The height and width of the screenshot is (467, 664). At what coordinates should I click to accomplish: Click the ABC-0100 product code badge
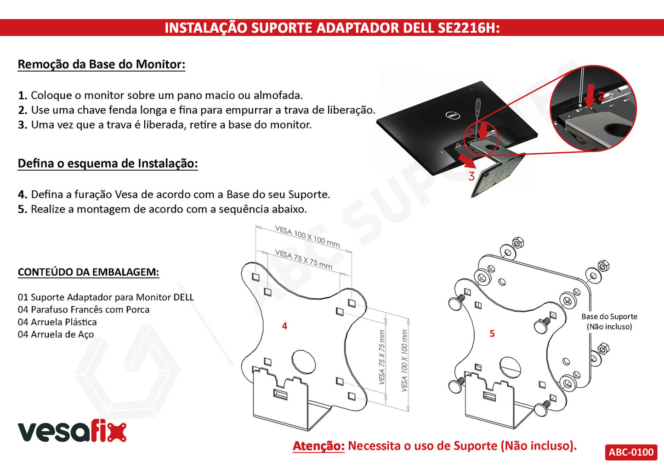[631, 452]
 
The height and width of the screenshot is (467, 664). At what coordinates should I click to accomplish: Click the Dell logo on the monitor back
[453, 115]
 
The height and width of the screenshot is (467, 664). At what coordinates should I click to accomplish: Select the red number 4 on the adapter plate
[284, 326]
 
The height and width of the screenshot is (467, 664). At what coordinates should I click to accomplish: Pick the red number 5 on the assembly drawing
[492, 334]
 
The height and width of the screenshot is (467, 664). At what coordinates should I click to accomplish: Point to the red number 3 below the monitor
[471, 176]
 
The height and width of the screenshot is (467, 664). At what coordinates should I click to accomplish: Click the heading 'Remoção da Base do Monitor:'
[102, 64]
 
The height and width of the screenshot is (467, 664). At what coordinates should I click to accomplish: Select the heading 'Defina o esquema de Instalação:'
[108, 163]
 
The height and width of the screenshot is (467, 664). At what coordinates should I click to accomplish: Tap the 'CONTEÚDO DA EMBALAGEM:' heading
[88, 272]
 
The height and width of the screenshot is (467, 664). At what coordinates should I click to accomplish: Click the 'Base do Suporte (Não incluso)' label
[609, 322]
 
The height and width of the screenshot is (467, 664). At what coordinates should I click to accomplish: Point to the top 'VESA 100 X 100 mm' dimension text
[307, 236]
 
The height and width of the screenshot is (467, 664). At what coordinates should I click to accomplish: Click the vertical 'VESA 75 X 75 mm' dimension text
[382, 357]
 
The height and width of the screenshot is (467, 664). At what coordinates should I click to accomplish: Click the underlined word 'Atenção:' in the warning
[318, 446]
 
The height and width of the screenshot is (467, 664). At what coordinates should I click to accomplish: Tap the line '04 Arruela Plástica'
[57, 322]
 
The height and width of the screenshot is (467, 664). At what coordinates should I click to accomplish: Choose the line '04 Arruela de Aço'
[56, 334]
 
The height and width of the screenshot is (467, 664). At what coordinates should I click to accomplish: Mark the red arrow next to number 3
[467, 161]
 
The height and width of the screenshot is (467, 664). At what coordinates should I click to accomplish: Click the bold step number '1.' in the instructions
[23, 95]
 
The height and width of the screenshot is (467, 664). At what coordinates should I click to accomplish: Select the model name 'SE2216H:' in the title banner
[469, 28]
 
